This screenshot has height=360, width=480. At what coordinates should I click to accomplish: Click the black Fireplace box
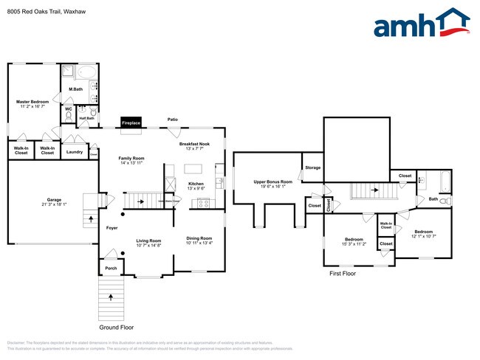pos(131,122)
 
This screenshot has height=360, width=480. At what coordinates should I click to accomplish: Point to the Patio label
pos(173,119)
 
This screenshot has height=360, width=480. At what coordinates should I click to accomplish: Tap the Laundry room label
pos(74,152)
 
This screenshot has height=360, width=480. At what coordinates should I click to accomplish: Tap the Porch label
pos(111,269)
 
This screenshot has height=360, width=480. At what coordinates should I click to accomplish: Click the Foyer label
pos(112,228)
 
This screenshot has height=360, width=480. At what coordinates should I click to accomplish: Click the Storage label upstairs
pos(313,168)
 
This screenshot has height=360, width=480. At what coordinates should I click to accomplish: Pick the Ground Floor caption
pos(117,327)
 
